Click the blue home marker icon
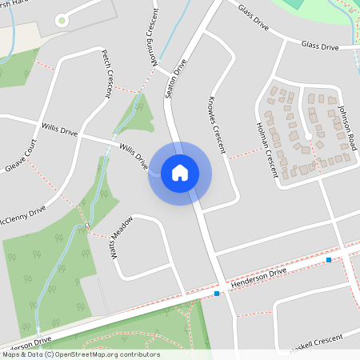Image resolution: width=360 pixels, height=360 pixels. (x=180, y=173)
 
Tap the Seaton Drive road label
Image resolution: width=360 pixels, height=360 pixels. (x=175, y=77)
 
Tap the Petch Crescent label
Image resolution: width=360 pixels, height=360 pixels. (x=106, y=73)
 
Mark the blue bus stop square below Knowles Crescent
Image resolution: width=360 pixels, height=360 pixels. (x=217, y=294)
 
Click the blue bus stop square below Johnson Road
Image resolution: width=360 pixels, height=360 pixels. (x=329, y=260)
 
